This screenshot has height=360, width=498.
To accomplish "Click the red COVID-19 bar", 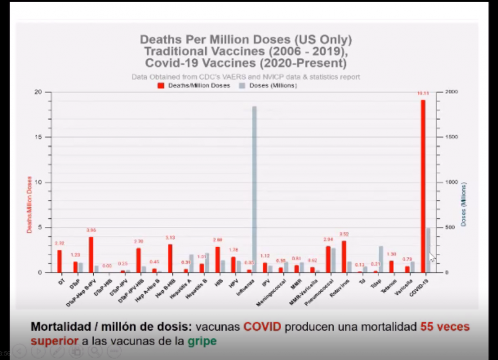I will pos(423,186).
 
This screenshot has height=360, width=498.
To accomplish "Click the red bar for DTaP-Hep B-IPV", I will pos(91,254).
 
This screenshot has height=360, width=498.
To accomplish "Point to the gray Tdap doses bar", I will pos(381,259).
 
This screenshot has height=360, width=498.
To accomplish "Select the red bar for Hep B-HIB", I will pos(170,258).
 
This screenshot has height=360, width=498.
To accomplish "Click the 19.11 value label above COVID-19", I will pos(423,94).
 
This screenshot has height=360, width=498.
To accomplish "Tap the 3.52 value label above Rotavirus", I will pos(344,234).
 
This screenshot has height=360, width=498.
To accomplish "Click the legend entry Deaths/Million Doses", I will pos(194,86).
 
